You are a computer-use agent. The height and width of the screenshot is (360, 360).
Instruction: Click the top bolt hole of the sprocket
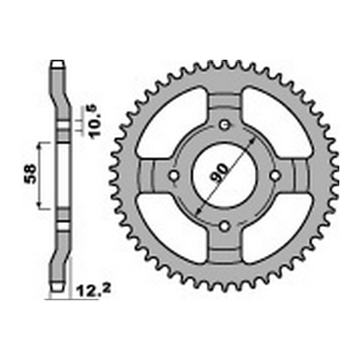point(225,124)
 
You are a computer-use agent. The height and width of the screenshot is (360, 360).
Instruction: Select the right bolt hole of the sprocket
point(276,175)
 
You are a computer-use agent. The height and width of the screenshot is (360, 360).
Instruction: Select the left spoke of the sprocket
point(151,175)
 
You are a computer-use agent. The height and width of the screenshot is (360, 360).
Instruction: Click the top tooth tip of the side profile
point(57,64)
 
